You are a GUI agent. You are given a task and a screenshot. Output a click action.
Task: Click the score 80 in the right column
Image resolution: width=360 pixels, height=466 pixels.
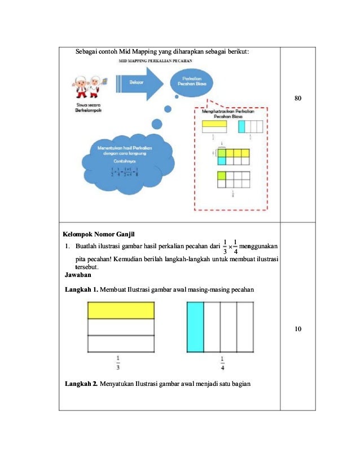[298, 99]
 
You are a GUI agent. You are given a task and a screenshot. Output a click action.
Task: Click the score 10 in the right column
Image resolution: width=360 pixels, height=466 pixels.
[298, 329]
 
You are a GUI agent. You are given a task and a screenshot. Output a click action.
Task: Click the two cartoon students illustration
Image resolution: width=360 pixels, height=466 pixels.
[87, 87]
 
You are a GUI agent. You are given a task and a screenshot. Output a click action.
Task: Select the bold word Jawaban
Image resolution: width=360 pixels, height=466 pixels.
[77, 275]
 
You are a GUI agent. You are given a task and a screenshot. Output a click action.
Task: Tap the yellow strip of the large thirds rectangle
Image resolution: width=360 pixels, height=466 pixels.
[120, 310]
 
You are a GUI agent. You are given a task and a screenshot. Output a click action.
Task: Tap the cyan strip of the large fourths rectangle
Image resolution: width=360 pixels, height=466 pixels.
[195, 327]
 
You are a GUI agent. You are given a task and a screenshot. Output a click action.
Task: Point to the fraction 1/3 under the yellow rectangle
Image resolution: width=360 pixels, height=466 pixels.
[118, 363]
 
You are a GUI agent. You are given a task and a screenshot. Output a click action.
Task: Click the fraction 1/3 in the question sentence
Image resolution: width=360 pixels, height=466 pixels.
[225, 247]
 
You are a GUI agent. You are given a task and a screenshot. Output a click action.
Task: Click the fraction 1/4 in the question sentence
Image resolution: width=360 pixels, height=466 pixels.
[235, 247]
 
